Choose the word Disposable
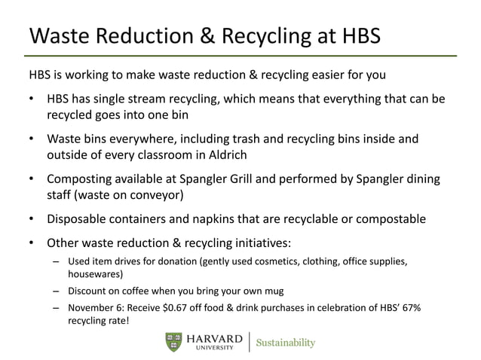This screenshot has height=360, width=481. click(78, 219)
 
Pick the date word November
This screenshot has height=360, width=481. click(93, 308)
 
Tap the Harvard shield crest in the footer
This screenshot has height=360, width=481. click(173, 342)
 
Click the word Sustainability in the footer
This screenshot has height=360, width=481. click(286, 343)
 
